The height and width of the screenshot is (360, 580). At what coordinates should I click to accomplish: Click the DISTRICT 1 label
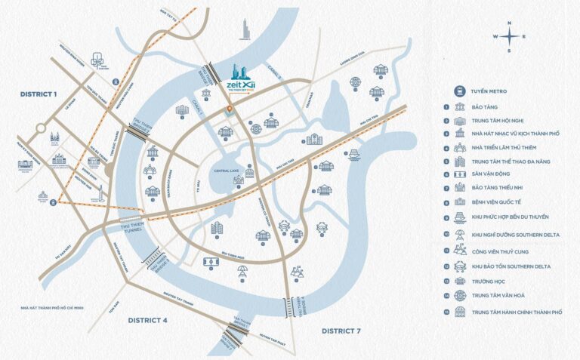[x=39, y=94]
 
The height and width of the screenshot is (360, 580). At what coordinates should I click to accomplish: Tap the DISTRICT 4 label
[x=147, y=320]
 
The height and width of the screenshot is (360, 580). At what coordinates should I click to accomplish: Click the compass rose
[x=510, y=36]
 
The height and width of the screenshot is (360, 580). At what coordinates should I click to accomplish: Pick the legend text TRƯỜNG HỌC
[x=489, y=281]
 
